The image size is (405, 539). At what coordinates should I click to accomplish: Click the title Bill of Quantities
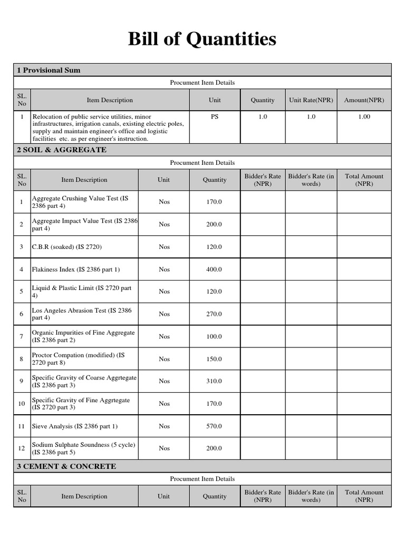pos(202,39)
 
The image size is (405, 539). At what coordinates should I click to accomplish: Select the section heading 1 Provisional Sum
pos(49,70)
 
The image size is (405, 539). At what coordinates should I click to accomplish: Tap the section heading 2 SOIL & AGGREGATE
pos(62,150)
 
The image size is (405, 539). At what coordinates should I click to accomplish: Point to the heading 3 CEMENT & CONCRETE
pos(66,466)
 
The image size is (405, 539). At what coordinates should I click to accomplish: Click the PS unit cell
pos(215,117)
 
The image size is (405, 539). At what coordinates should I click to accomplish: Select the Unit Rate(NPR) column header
pos(311,100)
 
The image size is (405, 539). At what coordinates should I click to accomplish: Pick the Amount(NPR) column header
pos(364,100)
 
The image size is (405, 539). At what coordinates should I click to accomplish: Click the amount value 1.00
pos(364,117)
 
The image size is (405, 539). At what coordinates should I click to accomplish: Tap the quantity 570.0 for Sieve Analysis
pos(214,426)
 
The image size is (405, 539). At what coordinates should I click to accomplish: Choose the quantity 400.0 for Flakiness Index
pos(214,269)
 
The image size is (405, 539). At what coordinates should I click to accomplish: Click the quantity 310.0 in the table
pos(214,381)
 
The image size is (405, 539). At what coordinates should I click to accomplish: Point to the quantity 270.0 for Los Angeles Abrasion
pos(214,314)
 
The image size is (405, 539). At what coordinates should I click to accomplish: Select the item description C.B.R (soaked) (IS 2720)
pos(67,247)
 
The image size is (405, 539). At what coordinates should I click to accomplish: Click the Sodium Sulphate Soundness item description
pos(83,448)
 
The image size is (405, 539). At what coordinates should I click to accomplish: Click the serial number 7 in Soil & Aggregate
pos(22,336)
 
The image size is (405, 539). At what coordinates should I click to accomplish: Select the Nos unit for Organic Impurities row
pos(164,336)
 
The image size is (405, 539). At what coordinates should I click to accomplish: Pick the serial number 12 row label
pos(22,448)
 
